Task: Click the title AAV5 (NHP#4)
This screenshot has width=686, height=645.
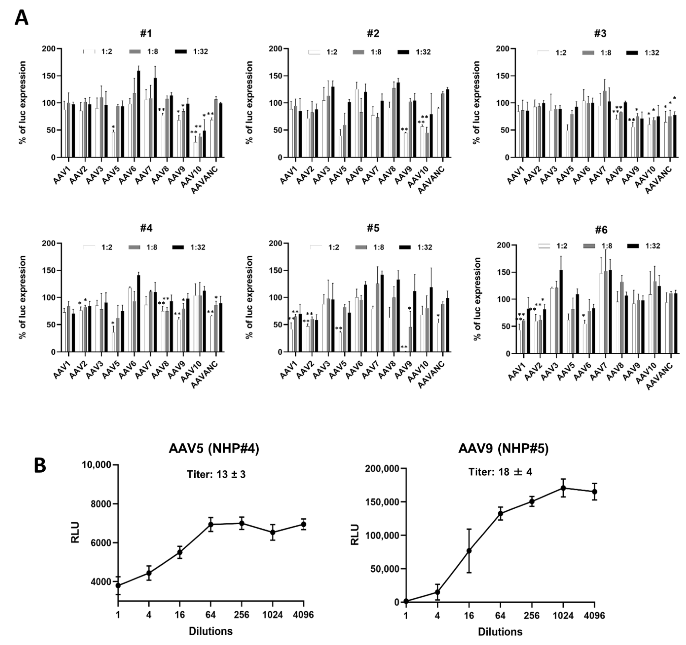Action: tap(214, 448)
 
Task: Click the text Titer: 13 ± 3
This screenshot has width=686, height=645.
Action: tap(216, 474)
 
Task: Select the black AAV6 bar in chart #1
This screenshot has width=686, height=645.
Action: tap(139, 114)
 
